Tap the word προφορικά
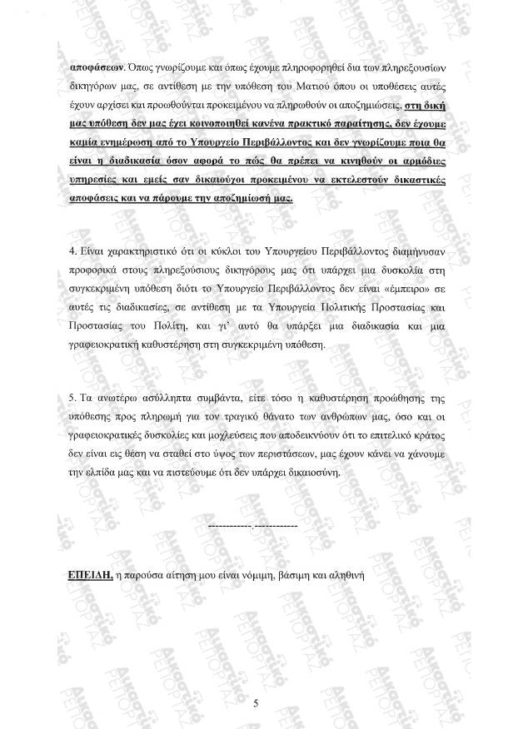pyautogui.click(x=93, y=271)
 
